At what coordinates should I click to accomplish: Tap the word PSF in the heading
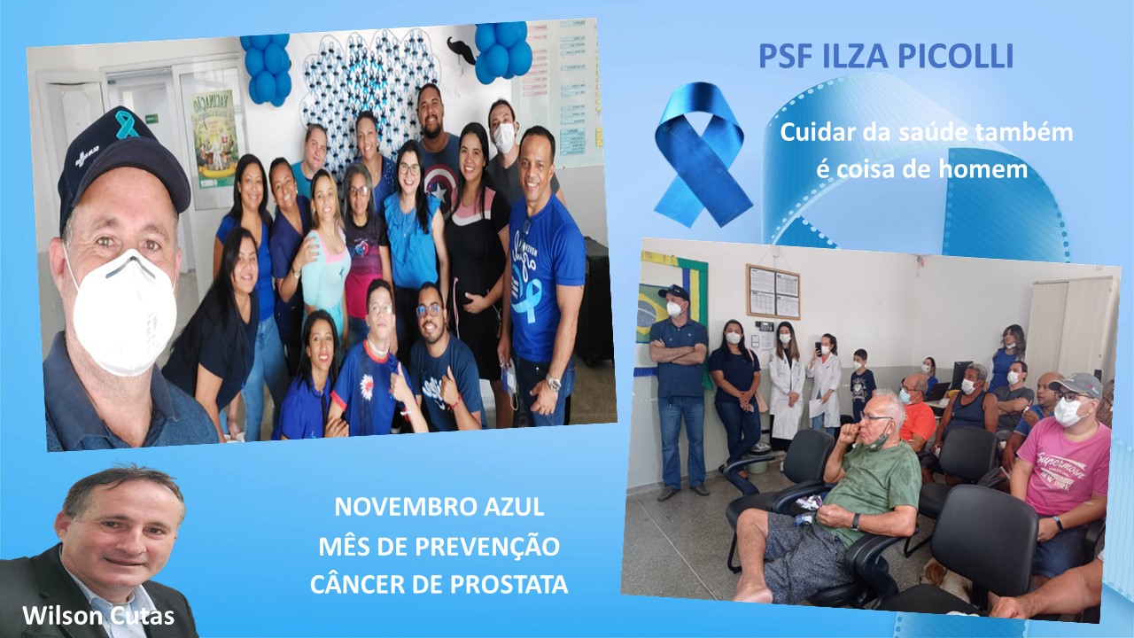click(785, 57)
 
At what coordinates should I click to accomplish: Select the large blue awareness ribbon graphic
click(702, 154)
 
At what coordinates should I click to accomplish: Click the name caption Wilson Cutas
click(98, 616)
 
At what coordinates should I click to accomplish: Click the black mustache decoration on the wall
click(460, 49)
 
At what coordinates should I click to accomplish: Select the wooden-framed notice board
click(773, 292)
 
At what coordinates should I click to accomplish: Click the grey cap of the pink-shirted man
click(1076, 385)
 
